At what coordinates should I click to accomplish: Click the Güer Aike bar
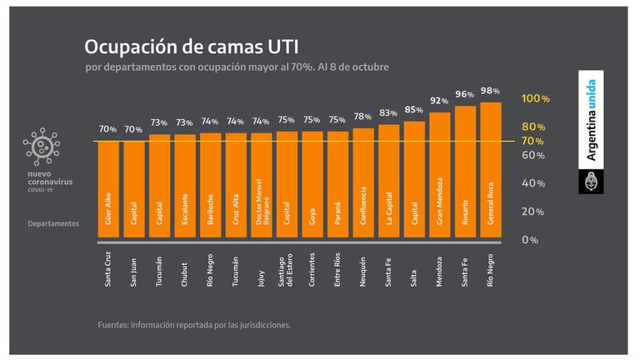(108, 192)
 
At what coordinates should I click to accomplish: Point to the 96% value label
(465, 94)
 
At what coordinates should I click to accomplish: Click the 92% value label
(439, 100)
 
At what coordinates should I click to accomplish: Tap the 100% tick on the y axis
(535, 98)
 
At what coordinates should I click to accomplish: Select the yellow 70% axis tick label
(534, 141)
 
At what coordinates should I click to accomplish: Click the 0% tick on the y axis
(530, 240)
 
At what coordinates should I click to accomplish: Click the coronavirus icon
(42, 147)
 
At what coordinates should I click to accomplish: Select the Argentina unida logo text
(591, 120)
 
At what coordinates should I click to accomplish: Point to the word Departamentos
(53, 223)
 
